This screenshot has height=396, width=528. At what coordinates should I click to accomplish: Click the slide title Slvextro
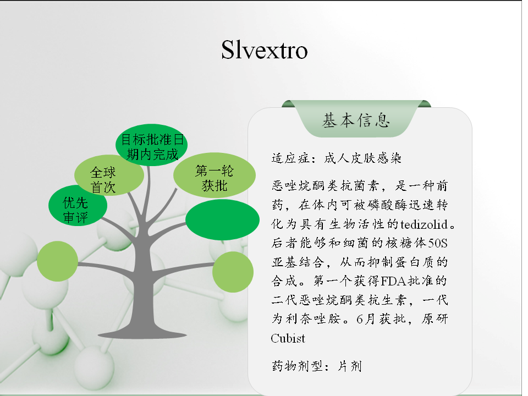pos(265,50)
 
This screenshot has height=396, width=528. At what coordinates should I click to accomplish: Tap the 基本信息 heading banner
pos(356,119)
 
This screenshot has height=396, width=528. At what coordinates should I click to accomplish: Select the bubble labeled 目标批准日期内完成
pos(152,145)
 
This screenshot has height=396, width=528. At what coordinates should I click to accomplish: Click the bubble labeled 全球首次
pos(109,175)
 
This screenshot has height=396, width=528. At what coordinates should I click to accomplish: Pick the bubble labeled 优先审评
pos(78,205)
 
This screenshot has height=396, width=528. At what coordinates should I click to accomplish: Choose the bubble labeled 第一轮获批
pos(215,175)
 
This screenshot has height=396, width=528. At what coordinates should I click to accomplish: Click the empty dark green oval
pos(222,219)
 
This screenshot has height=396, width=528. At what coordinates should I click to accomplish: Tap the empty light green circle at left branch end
pos(57,261)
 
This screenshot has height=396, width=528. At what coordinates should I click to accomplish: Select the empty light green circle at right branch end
pos(233,272)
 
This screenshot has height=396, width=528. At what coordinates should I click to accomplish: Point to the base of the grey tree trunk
pos(142,333)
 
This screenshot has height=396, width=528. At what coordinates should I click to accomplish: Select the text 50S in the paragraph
pos(437,243)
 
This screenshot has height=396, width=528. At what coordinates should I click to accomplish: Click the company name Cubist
pos(288,338)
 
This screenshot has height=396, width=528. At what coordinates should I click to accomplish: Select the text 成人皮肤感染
pos(362,158)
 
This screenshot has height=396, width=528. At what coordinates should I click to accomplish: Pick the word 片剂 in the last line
pos(350,366)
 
